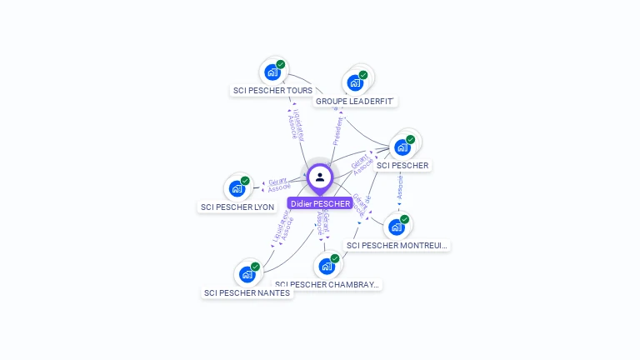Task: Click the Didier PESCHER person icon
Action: pyautogui.click(x=320, y=177)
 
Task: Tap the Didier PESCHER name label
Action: pyautogui.click(x=320, y=203)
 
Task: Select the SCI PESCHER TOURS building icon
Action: pyautogui.click(x=272, y=72)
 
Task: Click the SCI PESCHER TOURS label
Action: pyautogui.click(x=272, y=90)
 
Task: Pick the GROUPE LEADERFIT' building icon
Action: pyautogui.click(x=355, y=82)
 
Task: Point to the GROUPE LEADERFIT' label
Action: pyautogui.click(x=355, y=101)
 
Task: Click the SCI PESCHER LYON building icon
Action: pyautogui.click(x=237, y=188)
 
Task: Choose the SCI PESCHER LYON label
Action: pyautogui.click(x=237, y=207)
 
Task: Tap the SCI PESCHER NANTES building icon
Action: pyautogui.click(x=247, y=274)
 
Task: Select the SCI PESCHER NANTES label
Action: pyautogui.click(x=247, y=292)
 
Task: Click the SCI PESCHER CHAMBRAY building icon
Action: pyautogui.click(x=327, y=267)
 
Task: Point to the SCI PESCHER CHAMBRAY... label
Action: pyautogui.click(x=327, y=284)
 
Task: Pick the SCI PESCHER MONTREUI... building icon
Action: pyautogui.click(x=397, y=227)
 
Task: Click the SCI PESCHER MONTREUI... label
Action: pyautogui.click(x=397, y=245)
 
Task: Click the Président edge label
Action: pyautogui.click(x=338, y=130)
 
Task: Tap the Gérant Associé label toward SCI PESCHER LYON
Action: pyautogui.click(x=278, y=184)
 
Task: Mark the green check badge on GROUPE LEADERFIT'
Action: pyautogui.click(x=363, y=75)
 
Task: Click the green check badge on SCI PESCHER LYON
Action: pyautogui.click(x=245, y=181)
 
